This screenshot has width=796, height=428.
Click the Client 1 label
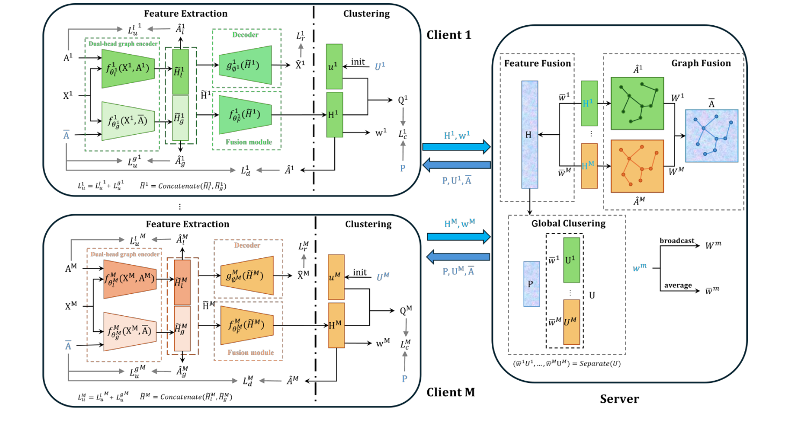tap(449, 35)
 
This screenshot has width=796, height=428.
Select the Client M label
tap(450, 392)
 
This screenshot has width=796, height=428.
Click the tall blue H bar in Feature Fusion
tap(529, 134)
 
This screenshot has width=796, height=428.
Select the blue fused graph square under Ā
tap(711, 135)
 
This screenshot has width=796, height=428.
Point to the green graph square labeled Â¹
tap(637, 103)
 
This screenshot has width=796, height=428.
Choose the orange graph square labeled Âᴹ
tap(637, 166)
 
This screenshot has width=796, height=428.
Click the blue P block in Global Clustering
tap(532, 284)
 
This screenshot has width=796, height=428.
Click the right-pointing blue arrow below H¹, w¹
tap(457, 146)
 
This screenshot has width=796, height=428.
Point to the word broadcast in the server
tap(677, 241)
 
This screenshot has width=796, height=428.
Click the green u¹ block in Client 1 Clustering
tap(334, 66)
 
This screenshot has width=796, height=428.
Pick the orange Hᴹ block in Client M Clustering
tap(336, 325)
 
